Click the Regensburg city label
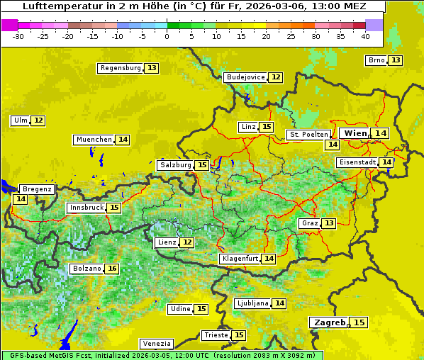121,68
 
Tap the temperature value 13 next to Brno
395,60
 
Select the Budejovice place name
245,77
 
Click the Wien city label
355,133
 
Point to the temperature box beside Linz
266,127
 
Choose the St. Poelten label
308,135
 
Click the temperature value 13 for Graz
328,223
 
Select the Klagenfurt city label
240,259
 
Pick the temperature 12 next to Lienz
186,242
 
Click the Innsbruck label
86,208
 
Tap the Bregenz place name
37,189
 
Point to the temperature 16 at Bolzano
112,269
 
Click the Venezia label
156,343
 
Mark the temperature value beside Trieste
239,335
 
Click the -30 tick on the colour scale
19,36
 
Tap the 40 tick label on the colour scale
365,36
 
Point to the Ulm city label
20,120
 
